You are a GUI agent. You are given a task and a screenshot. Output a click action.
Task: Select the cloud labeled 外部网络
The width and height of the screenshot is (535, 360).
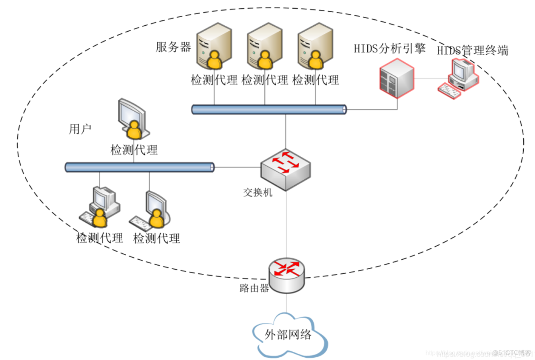pyautogui.click(x=288, y=334)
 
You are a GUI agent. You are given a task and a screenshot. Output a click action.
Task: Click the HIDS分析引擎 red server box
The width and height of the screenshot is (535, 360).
pyautogui.click(x=396, y=80)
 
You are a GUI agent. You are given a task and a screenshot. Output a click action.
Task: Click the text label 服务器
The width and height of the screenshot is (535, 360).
pyautogui.click(x=173, y=47)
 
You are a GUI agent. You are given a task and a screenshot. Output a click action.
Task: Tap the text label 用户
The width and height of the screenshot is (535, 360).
pyautogui.click(x=80, y=130)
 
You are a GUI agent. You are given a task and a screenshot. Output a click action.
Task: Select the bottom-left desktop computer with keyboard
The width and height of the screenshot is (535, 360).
pyautogui.click(x=100, y=207)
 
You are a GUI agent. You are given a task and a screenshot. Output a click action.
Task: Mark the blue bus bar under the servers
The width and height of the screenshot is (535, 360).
pyautogui.click(x=269, y=109)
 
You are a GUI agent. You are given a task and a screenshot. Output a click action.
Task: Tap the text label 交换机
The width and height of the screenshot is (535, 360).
pyautogui.click(x=258, y=193)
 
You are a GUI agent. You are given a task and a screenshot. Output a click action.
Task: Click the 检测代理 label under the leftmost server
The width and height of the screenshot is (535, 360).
pyautogui.click(x=214, y=81)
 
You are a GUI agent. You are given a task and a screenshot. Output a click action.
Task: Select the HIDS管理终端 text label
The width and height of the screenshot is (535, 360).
pyautogui.click(x=472, y=50)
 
